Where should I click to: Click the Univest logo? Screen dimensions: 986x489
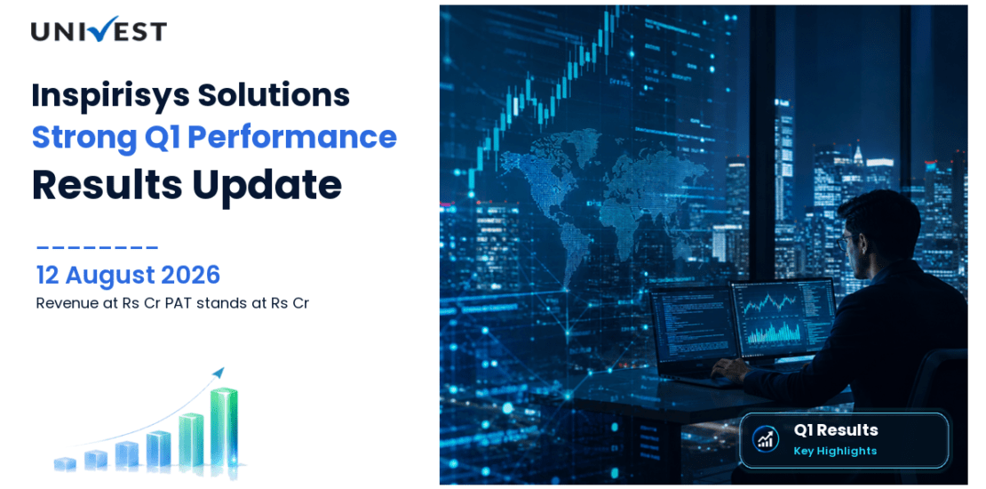(x=99, y=29)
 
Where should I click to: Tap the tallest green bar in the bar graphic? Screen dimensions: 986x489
(x=224, y=427)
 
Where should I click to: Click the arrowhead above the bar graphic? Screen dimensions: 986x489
(x=219, y=372)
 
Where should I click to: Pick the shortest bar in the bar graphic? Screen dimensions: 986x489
(x=65, y=464)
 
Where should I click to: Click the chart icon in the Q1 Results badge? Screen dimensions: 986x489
(x=766, y=439)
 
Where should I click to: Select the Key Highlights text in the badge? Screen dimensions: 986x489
(x=834, y=451)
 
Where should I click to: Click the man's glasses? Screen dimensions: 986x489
(x=847, y=241)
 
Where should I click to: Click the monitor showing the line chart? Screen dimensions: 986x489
(x=783, y=318)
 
